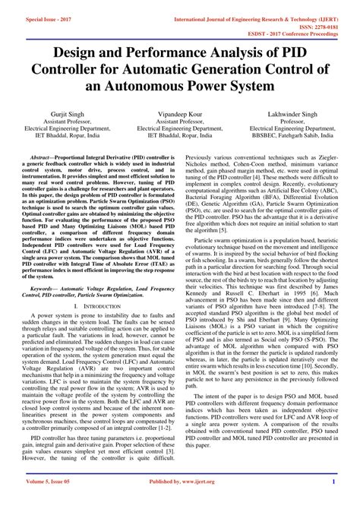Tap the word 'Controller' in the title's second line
(74, 71)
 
